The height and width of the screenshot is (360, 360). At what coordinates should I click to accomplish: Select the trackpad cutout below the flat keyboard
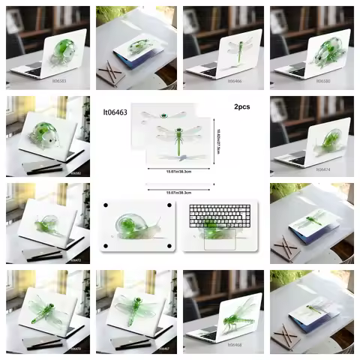pos(216,239)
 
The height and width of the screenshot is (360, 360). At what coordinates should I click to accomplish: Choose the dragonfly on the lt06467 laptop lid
pos(134,309)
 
